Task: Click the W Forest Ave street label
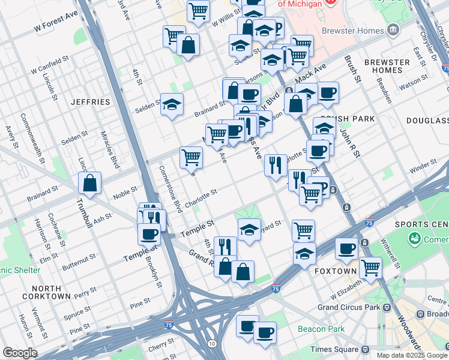[x=56, y=23]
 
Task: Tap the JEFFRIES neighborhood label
[x=90, y=102]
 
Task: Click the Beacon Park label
[x=321, y=329]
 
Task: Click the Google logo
[x=20, y=353]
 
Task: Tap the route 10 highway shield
[x=212, y=343]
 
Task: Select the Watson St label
[x=416, y=85]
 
